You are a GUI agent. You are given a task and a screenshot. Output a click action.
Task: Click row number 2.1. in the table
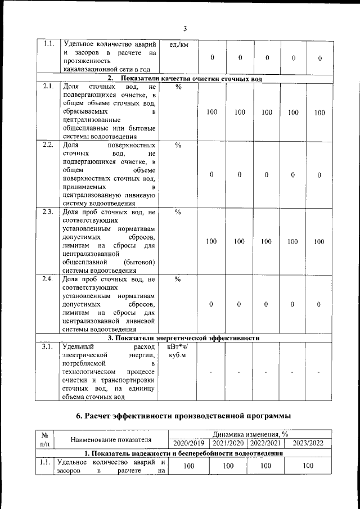[48, 87]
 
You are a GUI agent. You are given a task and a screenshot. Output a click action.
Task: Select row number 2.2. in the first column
[48, 145]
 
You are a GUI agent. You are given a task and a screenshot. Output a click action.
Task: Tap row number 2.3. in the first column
[48, 212]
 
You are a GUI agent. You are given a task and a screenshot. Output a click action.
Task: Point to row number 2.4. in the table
[48, 279]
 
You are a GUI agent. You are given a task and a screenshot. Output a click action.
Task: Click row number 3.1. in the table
[48, 346]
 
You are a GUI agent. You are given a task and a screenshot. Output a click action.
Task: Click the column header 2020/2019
[189, 443]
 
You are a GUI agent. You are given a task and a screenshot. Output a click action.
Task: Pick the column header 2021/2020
[228, 443]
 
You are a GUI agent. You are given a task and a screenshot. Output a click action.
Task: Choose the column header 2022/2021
[266, 443]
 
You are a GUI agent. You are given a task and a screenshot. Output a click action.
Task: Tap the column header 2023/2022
[308, 443]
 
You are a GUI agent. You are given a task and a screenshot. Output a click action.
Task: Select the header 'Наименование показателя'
[111, 439]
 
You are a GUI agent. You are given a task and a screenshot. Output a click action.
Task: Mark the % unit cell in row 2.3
[178, 212]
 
